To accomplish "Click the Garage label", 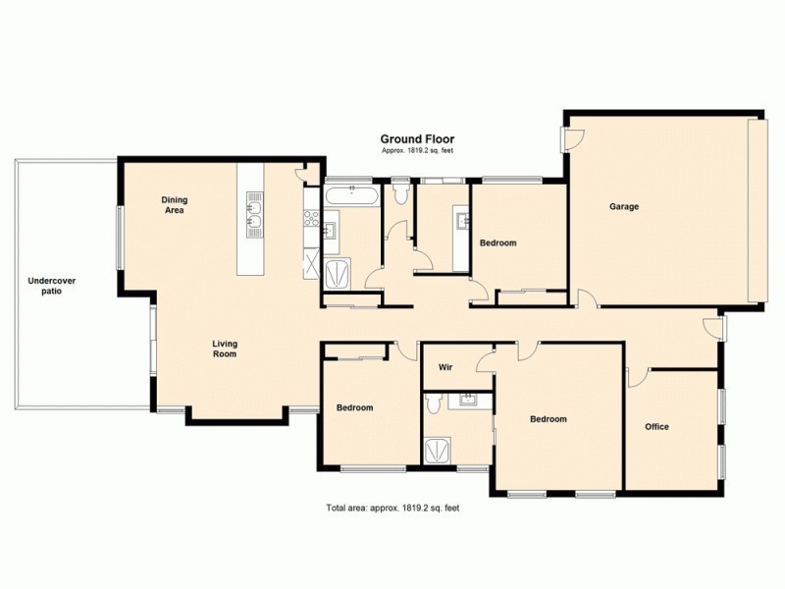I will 624,207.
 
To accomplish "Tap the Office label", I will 656,427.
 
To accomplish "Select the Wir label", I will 445,367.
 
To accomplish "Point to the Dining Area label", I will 175,205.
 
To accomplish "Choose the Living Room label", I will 225,348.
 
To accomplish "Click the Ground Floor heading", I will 417,139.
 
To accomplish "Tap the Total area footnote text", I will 392,509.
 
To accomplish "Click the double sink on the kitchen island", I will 253,215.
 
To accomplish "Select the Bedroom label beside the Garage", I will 497,242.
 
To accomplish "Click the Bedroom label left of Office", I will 548,419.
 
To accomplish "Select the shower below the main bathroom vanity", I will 339,272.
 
